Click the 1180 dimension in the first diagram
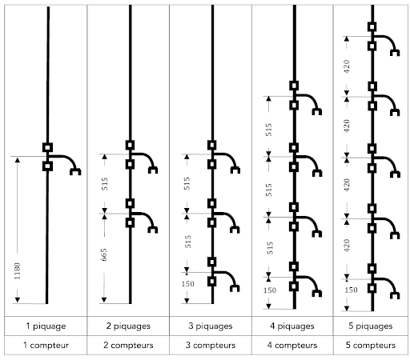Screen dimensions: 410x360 (17, 271)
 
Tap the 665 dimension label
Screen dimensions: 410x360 (104, 254)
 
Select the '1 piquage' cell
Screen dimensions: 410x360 (46, 326)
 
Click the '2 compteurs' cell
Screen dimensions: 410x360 (128, 346)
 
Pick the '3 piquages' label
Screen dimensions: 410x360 (211, 326)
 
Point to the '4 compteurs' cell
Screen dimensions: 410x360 (292, 346)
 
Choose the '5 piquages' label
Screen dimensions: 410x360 (371, 326)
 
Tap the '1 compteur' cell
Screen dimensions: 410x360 (46, 346)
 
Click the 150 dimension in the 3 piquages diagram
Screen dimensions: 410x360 (187, 284)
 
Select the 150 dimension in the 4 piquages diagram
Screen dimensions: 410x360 (270, 290)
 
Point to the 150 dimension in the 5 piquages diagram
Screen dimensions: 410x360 (351, 290)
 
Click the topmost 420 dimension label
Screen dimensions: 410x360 (347, 66)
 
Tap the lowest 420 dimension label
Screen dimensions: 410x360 (347, 246)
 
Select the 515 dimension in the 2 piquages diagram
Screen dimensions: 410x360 (104, 184)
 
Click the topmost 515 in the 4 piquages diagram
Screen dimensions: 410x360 (268, 130)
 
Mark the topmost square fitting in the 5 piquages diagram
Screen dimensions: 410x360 (372, 26)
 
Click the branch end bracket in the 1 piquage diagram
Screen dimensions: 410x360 (75, 172)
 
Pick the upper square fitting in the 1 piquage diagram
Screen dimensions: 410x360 (47, 147)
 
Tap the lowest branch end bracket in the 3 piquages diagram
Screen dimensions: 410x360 (235, 288)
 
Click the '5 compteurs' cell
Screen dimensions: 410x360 (371, 346)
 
